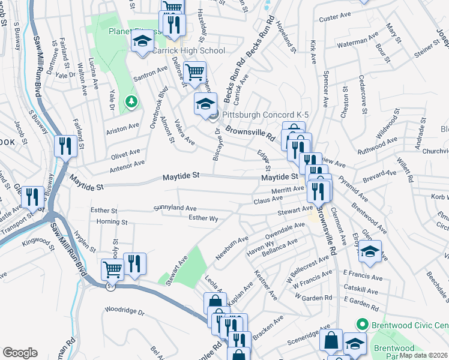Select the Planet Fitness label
click(129, 31)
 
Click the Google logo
click(20, 353)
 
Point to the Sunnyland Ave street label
click(175, 208)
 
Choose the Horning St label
click(113, 222)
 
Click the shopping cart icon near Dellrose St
click(194, 73)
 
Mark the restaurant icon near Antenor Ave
click(64, 145)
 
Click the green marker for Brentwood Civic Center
click(361, 325)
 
